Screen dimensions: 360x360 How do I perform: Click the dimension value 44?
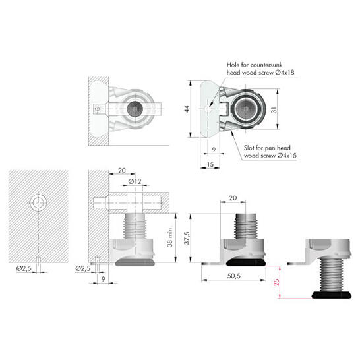(x=187, y=109)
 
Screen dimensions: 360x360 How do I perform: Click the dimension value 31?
(x=274, y=110)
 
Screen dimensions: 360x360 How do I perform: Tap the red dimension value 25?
(x=277, y=282)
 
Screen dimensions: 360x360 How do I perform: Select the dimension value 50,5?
(x=233, y=276)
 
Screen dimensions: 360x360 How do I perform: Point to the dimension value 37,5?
(x=187, y=238)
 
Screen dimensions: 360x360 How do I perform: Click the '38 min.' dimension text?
(x=170, y=237)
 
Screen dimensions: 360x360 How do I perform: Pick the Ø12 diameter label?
(x=135, y=181)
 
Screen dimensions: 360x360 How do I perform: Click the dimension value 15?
(x=210, y=164)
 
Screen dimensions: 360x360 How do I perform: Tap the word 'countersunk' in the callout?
(x=266, y=65)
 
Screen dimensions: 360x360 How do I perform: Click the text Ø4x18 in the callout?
(x=284, y=73)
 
